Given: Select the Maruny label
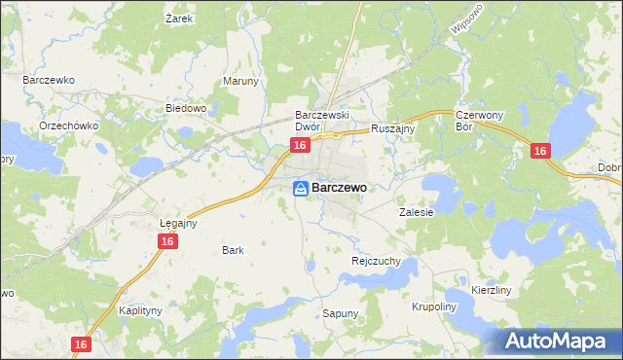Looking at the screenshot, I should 240,81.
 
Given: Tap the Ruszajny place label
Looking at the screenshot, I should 393,127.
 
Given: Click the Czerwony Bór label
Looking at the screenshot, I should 477,121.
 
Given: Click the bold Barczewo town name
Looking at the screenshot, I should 339,188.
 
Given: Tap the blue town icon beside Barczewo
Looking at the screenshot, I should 302,188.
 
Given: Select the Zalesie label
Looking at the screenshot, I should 416,211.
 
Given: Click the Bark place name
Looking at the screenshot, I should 233,250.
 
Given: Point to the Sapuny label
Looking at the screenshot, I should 341,313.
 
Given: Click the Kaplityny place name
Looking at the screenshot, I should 139,310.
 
